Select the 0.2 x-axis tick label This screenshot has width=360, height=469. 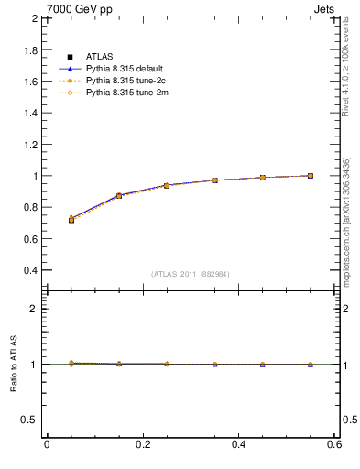(x=142, y=445)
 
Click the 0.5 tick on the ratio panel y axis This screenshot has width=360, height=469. (x=29, y=420)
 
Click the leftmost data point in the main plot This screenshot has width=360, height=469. (x=71, y=220)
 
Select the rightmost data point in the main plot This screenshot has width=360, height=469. (x=311, y=176)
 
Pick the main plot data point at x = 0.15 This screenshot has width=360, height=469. (x=119, y=196)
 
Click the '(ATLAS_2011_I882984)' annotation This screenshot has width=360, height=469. (x=191, y=274)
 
